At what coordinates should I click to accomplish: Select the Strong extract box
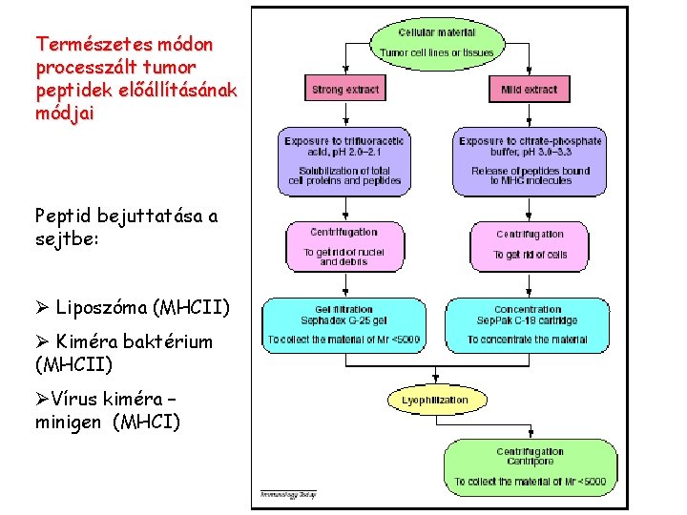tap(344, 89)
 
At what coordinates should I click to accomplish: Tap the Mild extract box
tap(529, 89)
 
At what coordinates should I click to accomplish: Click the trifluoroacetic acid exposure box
tap(343, 159)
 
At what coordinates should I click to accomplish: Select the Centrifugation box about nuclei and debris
tap(343, 246)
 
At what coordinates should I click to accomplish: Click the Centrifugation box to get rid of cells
tap(530, 245)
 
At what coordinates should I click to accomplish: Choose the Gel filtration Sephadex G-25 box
tap(343, 324)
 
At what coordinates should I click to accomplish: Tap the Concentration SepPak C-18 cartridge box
tap(528, 324)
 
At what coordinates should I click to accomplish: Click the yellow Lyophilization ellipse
tap(434, 400)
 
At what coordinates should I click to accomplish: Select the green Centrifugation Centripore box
tap(530, 466)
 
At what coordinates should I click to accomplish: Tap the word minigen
tap(70, 421)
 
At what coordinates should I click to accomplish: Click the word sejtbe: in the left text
tap(66, 238)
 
